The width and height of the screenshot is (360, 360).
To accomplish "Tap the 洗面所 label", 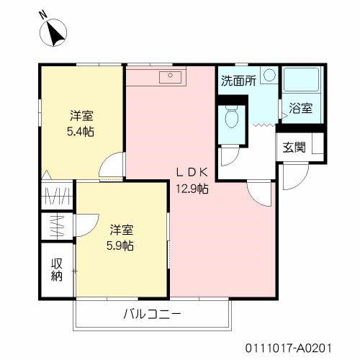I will tap(238, 81).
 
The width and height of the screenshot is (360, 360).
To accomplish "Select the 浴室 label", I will tap(301, 109).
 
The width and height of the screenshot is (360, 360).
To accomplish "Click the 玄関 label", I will tap(293, 148).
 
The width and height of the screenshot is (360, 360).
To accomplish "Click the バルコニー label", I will tap(152, 314).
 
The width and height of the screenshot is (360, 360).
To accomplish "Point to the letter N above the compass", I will tap(43, 14).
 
